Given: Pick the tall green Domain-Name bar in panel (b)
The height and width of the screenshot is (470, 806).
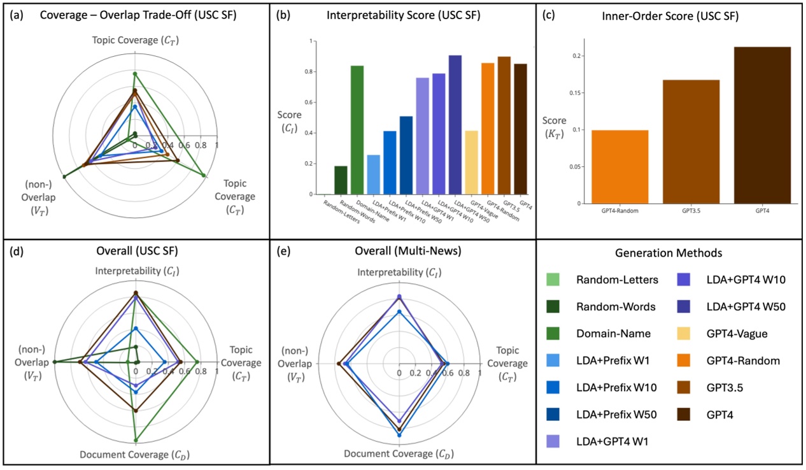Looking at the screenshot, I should pos(357,130).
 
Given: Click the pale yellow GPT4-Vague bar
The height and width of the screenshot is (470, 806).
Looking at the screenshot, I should pos(472,162).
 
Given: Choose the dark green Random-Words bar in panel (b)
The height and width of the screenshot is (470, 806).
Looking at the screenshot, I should pos(341,180).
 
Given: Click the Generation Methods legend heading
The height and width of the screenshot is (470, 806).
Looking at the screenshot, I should pos(668,253).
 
